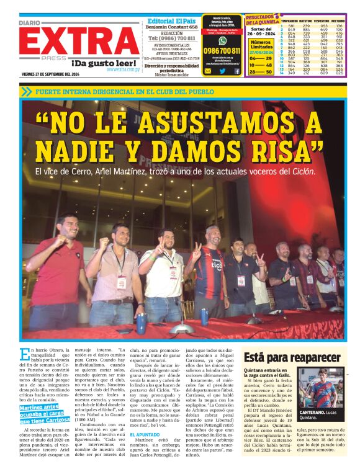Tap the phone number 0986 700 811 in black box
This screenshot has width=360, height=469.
point(222,50)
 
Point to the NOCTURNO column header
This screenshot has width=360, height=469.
point(339,20)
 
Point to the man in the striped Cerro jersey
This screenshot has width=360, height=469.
point(211,267)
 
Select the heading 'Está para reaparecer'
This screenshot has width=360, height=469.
point(292,357)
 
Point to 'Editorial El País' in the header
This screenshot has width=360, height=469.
point(171,20)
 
